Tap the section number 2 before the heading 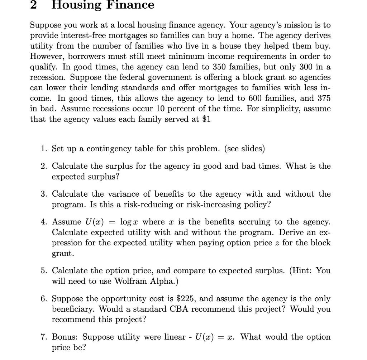33,5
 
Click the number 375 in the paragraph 323,98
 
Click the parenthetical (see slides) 244,149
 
